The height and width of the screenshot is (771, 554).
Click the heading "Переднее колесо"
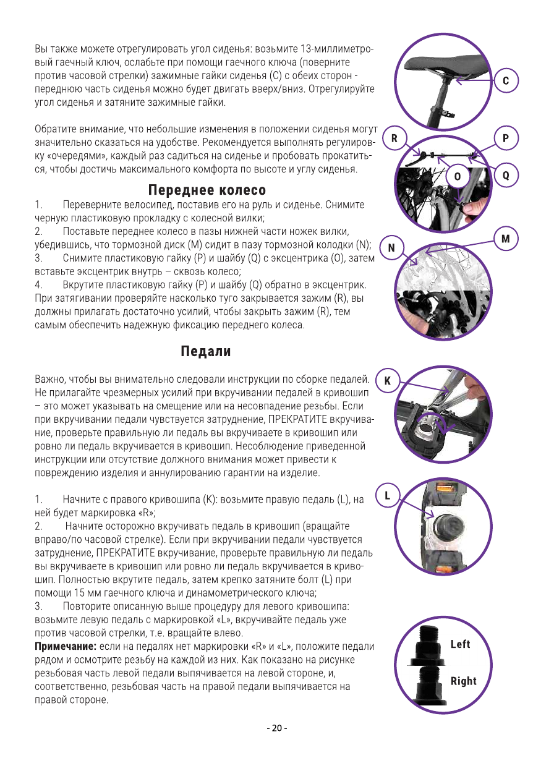coord(207,190)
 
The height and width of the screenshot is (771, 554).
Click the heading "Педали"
coord(206,352)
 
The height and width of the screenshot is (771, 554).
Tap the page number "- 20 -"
coord(276,728)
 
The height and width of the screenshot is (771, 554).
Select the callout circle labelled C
coord(506,81)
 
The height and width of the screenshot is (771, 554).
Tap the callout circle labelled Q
coord(506,176)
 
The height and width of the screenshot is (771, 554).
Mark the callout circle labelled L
coord(387,496)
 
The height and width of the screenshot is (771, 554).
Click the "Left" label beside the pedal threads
coord(460,644)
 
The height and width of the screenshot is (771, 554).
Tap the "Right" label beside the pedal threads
coord(463,681)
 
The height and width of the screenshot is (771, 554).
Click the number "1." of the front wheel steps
coord(38,204)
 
